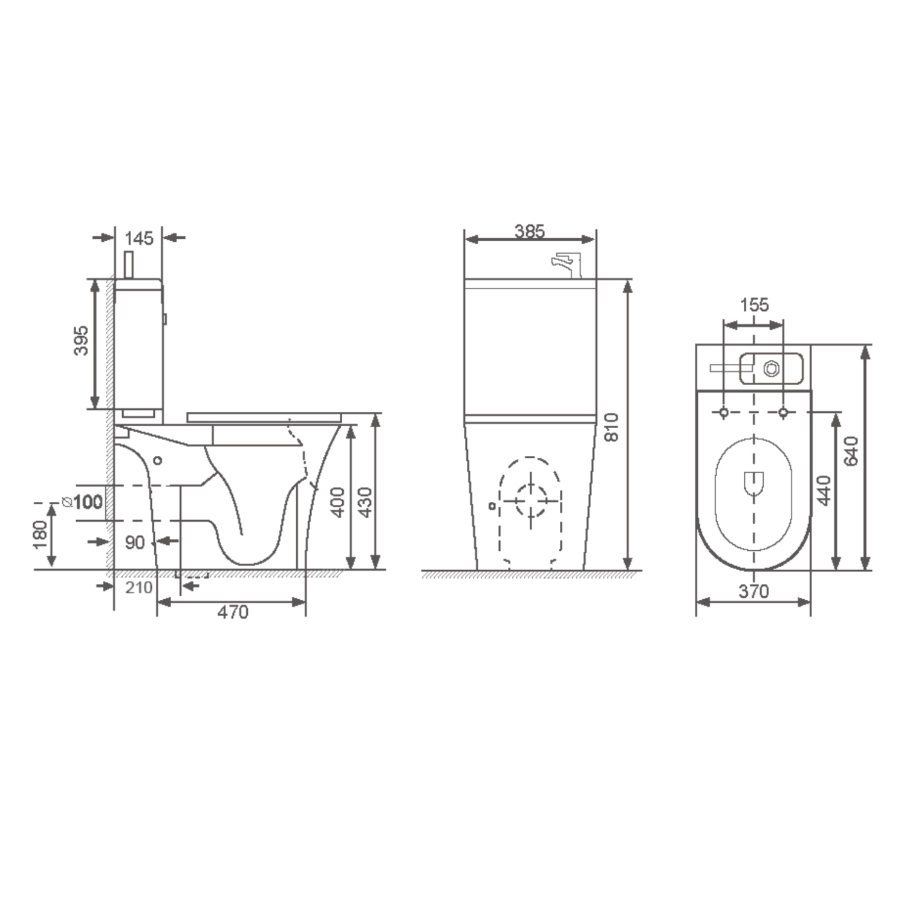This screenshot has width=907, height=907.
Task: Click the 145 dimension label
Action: (139, 238)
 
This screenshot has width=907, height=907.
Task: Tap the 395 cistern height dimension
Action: (81, 340)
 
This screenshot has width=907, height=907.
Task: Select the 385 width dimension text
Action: (530, 231)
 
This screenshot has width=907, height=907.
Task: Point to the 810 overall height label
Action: (612, 427)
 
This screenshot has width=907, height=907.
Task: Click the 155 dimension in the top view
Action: (754, 305)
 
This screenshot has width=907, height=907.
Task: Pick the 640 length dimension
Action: (851, 451)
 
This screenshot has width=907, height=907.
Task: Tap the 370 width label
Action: (753, 591)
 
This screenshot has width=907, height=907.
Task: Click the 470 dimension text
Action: (233, 612)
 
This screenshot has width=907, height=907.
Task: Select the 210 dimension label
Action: (138, 587)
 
